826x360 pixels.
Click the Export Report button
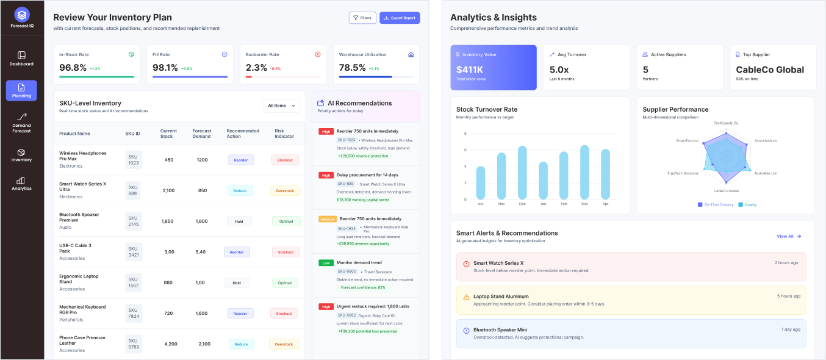[400, 18]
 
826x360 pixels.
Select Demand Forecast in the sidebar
[21, 122]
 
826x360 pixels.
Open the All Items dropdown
[281, 106]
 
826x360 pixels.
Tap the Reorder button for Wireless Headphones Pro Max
[241, 160]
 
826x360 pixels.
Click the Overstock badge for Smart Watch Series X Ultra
[285, 191]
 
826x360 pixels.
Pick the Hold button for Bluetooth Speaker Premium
[239, 221]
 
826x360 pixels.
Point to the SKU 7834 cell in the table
[134, 313]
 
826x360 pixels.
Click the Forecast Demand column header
[202, 133]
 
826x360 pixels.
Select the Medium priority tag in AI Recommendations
[328, 219]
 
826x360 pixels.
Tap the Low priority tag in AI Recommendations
[326, 263]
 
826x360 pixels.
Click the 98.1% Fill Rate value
[165, 68]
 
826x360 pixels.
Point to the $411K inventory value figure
[470, 70]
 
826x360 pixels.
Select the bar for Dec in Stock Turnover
[522, 172]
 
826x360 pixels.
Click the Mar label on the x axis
[584, 204]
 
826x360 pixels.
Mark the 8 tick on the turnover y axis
[465, 134]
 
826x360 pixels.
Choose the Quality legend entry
[747, 204]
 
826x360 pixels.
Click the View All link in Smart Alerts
[788, 236]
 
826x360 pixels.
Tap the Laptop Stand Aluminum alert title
[501, 297]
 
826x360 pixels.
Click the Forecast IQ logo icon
[22, 13]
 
